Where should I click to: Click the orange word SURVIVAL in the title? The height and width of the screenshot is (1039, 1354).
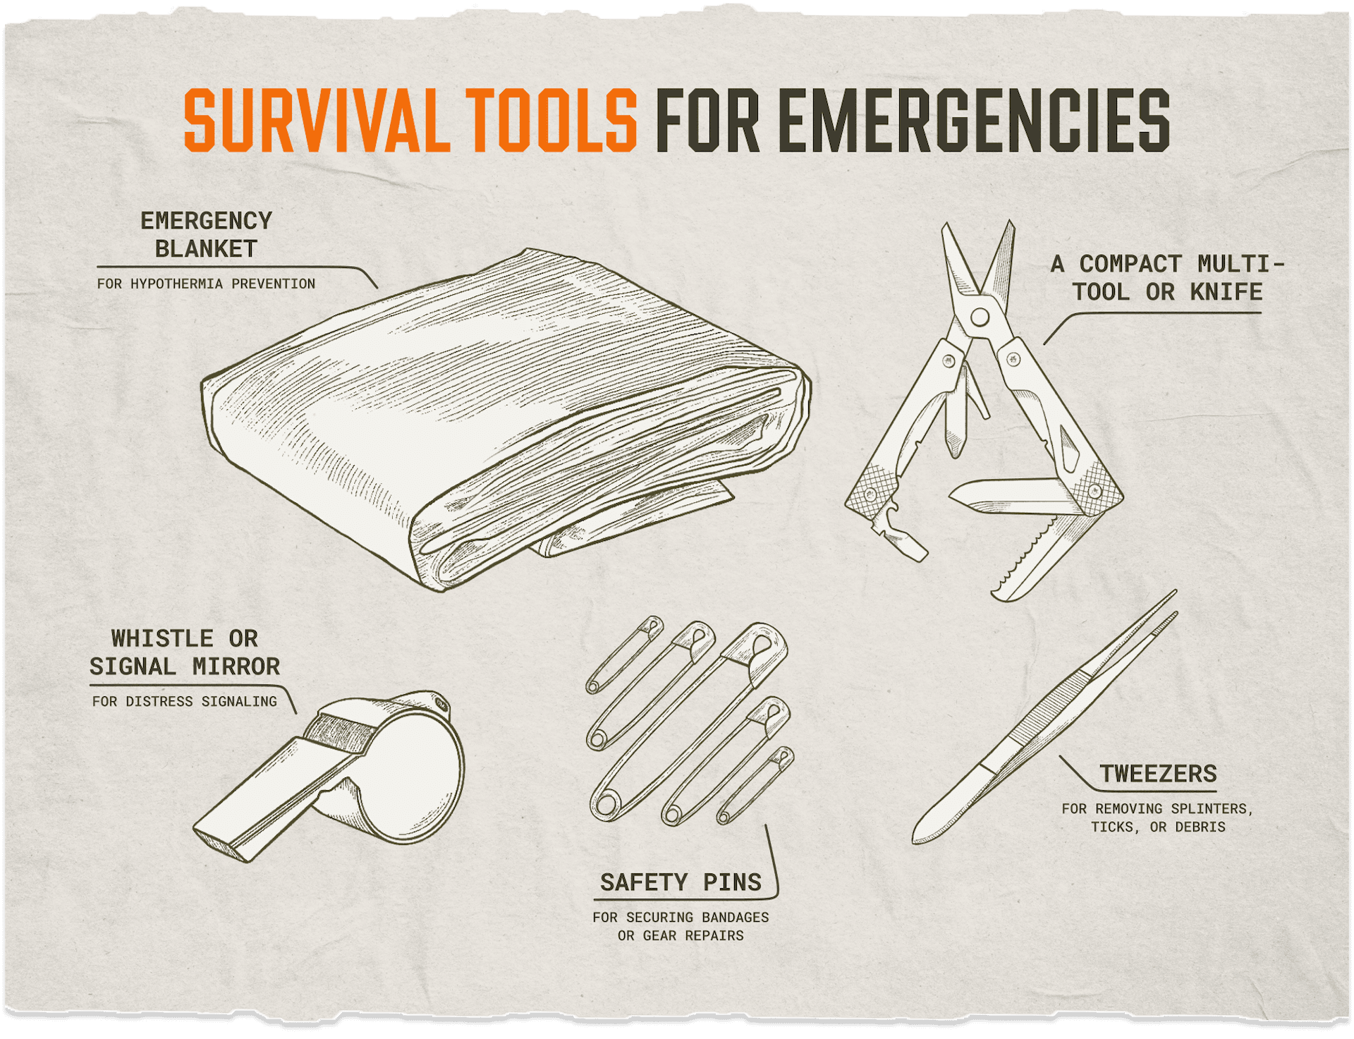pyautogui.click(x=317, y=121)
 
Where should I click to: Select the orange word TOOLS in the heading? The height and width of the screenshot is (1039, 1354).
pyautogui.click(x=551, y=121)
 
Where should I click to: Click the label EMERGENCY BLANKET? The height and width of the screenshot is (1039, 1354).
pyautogui.click(x=206, y=234)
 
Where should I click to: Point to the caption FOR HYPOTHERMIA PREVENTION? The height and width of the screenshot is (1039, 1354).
pyautogui.click(x=206, y=284)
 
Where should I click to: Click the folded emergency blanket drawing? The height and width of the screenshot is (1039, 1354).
pyautogui.click(x=506, y=420)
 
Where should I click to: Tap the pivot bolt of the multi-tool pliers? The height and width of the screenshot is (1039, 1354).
pyautogui.click(x=979, y=317)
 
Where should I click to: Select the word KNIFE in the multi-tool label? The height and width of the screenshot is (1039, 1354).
pyautogui.click(x=1226, y=291)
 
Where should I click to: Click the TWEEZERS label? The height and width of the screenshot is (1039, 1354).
pyautogui.click(x=1159, y=774)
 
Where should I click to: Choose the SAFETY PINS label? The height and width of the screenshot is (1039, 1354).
pyautogui.click(x=681, y=882)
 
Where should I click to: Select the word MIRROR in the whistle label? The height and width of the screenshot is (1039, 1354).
pyautogui.click(x=236, y=667)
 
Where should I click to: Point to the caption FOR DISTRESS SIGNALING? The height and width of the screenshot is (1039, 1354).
pyautogui.click(x=184, y=701)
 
